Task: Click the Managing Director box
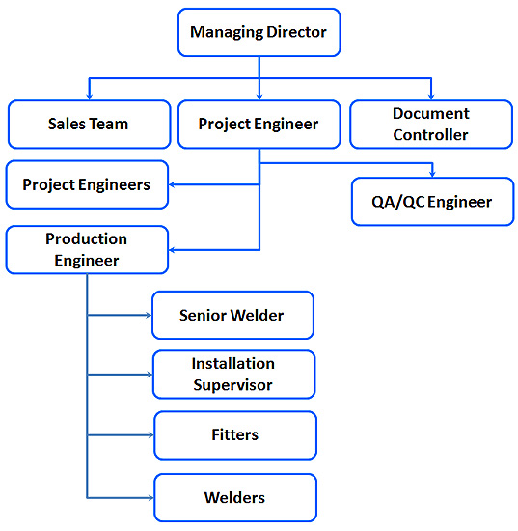[x=259, y=33]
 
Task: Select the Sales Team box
[x=90, y=125]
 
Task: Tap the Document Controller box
[x=431, y=125]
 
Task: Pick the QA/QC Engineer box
[x=433, y=202]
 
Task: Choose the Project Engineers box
[x=87, y=185]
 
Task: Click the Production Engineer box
[x=87, y=250]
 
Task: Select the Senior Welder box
[x=232, y=316]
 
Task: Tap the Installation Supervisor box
[x=233, y=375]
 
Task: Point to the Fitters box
[x=235, y=435]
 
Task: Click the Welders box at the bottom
[x=235, y=498]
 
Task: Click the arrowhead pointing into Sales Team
[x=90, y=97]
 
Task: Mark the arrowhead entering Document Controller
[x=431, y=97]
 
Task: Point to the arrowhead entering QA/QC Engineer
[x=432, y=174]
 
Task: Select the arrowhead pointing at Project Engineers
[x=172, y=184]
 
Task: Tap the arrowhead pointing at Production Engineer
[x=172, y=250]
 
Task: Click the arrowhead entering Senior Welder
[x=149, y=316]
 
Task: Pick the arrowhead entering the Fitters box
[x=150, y=435]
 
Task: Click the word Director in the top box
[x=296, y=32]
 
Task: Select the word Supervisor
[x=232, y=385]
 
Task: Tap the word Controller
[x=431, y=135]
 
